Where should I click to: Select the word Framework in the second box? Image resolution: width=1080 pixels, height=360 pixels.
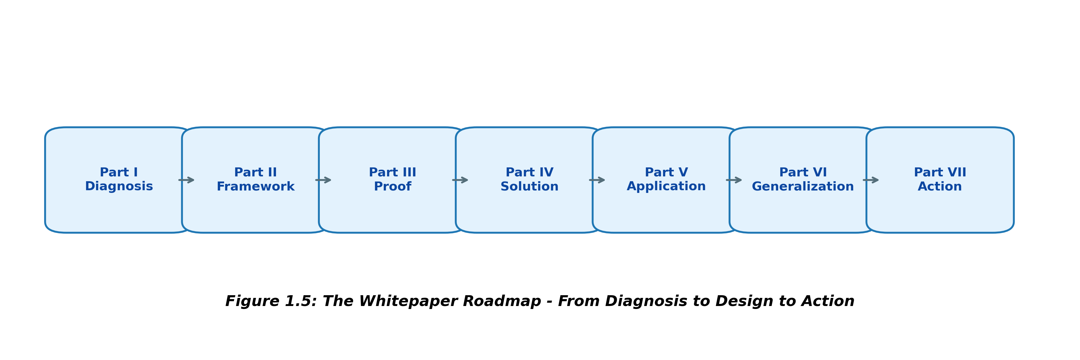[x=255, y=187]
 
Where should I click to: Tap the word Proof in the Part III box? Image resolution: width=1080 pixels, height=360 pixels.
[x=392, y=187]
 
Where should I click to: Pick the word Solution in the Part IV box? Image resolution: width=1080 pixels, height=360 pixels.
[x=529, y=187]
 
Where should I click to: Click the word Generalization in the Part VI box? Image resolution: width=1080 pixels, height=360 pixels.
[x=802, y=187]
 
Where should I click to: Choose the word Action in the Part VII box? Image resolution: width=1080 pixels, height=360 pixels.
[x=940, y=187]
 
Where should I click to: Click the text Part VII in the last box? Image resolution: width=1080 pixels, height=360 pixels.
[x=940, y=172]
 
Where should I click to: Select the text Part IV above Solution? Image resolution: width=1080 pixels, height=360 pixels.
[x=529, y=172]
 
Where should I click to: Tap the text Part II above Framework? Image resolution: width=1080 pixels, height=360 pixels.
[x=255, y=172]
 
